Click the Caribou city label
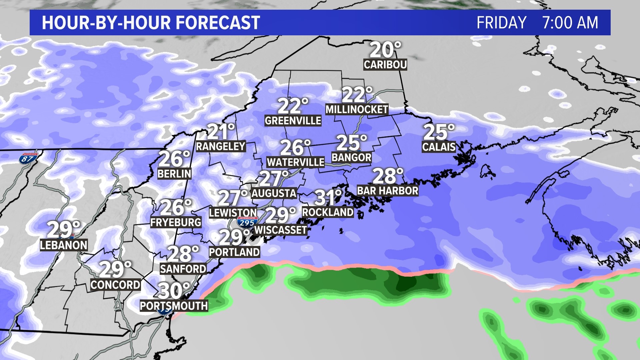[x=385, y=64]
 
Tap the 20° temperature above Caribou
[x=385, y=50]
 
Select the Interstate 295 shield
[x=247, y=222]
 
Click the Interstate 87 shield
[x=28, y=158]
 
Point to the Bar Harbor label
[x=387, y=191]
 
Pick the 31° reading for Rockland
[x=328, y=197]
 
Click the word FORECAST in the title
[x=218, y=23]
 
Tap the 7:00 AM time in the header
[x=570, y=23]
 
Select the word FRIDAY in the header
[x=501, y=23]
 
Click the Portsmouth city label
[x=174, y=306]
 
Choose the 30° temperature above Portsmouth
[x=174, y=291]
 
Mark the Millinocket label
[x=357, y=109]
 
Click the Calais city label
[x=439, y=147]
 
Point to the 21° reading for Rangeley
[x=221, y=132]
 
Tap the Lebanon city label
[x=64, y=245]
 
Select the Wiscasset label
[x=280, y=230]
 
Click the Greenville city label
[x=293, y=120]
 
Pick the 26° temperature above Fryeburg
[x=176, y=207]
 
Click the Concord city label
[x=115, y=285]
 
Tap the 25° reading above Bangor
[x=351, y=143]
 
